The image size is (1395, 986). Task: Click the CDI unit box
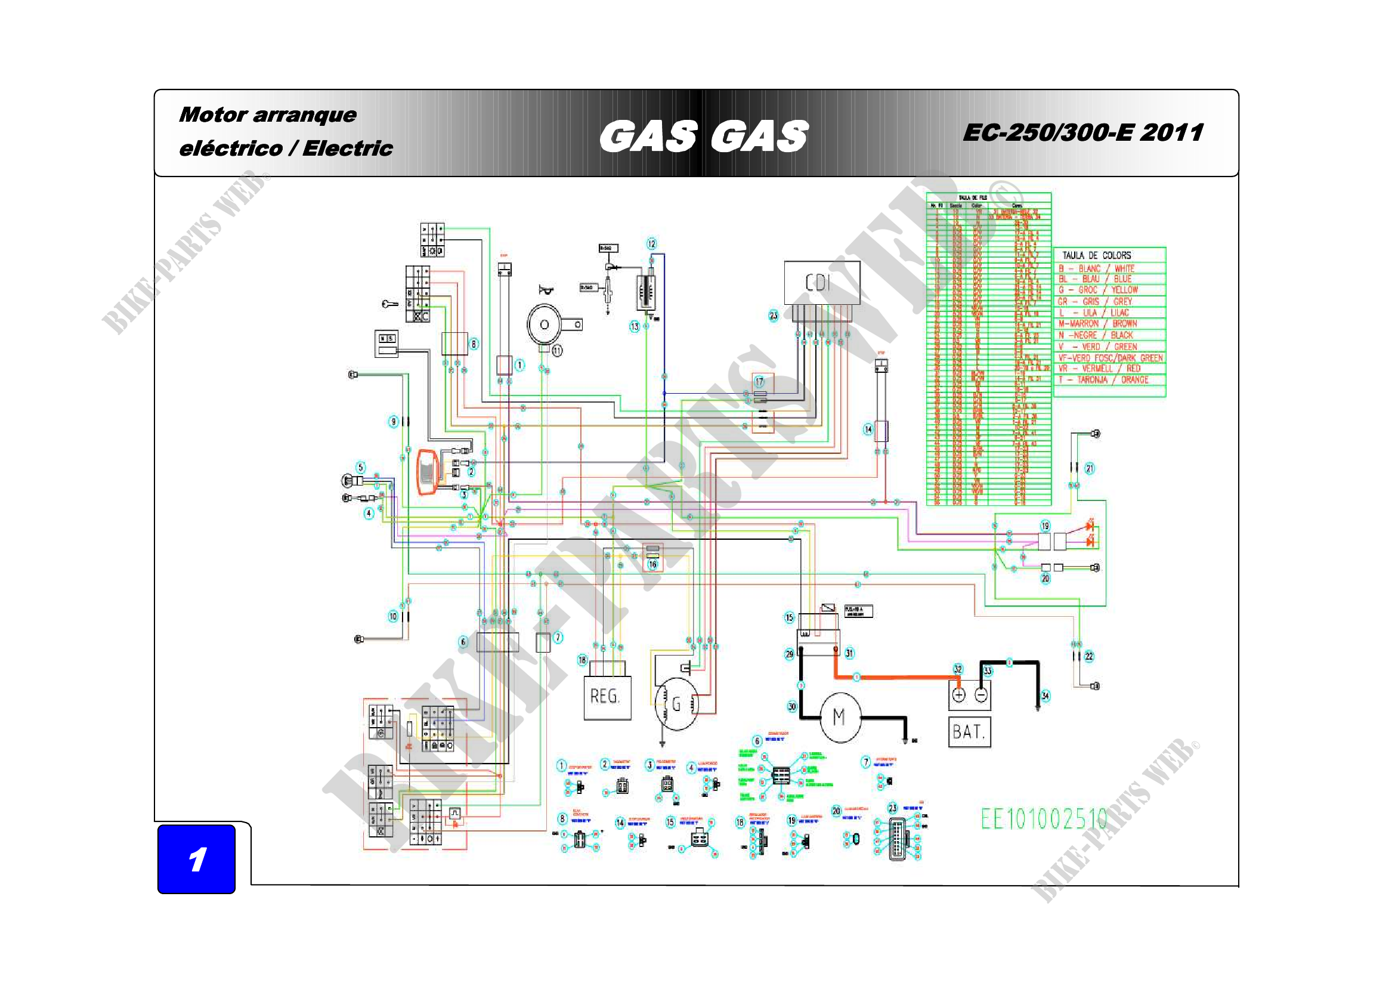click(x=821, y=283)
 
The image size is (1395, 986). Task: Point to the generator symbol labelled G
click(x=676, y=704)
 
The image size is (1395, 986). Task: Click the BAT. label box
click(x=969, y=732)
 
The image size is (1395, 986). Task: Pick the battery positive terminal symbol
click(x=959, y=694)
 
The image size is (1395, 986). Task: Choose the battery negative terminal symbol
click(x=980, y=694)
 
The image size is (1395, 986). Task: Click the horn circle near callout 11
click(x=545, y=325)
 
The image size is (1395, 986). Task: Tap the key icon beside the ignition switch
click(x=390, y=304)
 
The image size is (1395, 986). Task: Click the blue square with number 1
click(x=196, y=859)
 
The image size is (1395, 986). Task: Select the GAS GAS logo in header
click(x=704, y=135)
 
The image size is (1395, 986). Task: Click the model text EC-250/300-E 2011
click(x=1082, y=132)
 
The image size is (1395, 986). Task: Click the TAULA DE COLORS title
click(x=1096, y=255)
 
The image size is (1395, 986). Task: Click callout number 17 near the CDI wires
click(x=759, y=382)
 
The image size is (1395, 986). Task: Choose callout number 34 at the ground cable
click(x=1045, y=696)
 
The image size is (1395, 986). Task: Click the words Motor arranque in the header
click(x=268, y=115)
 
